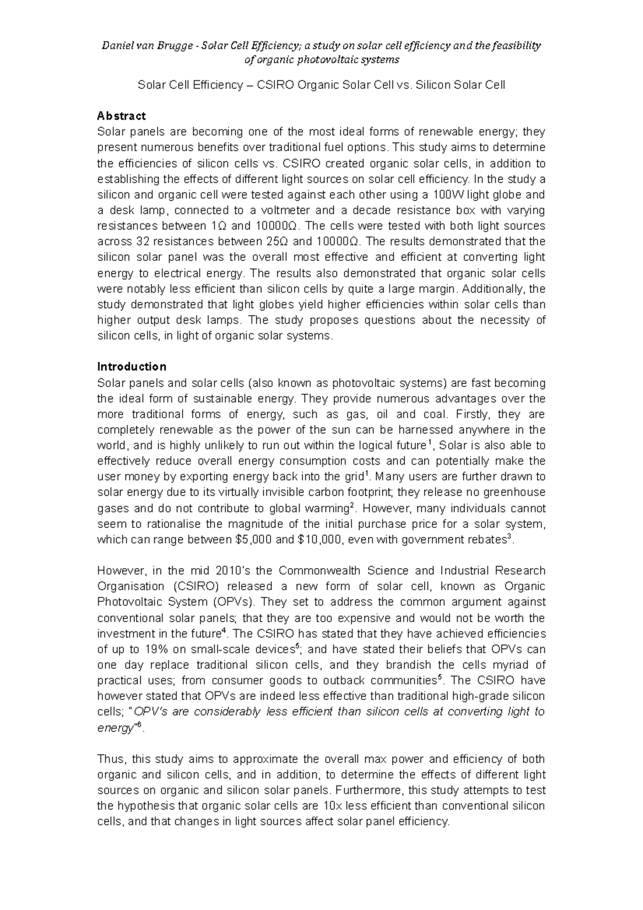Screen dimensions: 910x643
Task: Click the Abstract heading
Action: pyautogui.click(x=121, y=116)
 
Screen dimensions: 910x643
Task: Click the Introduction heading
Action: pyautogui.click(x=131, y=367)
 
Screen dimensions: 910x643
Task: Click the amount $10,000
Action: pyautogui.click(x=319, y=540)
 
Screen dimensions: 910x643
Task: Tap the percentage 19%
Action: pyautogui.click(x=157, y=650)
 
